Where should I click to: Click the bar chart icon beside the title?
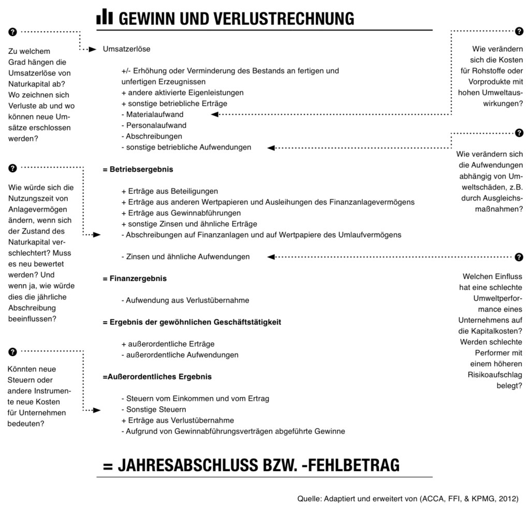click(105, 17)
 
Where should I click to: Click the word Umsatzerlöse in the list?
click(127, 49)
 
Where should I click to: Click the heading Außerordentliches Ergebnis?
click(157, 377)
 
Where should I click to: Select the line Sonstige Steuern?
click(149, 410)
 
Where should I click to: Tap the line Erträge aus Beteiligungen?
click(170, 191)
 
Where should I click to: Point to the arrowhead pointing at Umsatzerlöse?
click(93, 50)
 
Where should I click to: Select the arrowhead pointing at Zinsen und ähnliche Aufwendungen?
click(270, 257)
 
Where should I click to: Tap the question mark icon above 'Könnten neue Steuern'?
click(13, 352)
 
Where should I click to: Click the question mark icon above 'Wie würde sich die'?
click(13, 168)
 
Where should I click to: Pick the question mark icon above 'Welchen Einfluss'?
click(519, 257)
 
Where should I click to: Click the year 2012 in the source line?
click(507, 498)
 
